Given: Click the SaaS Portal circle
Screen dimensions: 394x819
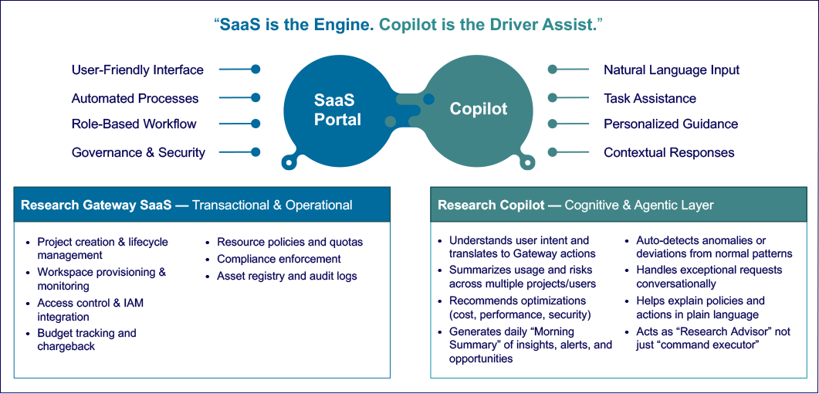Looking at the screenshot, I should [337, 109].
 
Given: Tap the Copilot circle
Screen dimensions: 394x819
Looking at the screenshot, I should [479, 109].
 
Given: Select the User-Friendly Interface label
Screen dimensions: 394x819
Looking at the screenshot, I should [137, 70].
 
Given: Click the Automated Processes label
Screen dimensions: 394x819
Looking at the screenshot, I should [135, 98].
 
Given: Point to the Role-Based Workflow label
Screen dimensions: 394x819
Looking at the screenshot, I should [134, 124].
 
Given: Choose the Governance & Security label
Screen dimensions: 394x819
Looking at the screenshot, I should [138, 152].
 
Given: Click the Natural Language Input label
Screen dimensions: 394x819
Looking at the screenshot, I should [672, 70].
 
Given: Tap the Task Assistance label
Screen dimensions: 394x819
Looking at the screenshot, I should [650, 98].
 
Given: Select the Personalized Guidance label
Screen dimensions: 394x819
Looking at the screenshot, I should [671, 124].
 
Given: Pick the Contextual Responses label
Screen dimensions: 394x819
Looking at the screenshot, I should [669, 152].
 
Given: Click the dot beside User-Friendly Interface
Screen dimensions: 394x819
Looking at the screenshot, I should [256, 69].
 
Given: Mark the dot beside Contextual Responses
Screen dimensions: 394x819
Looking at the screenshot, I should [553, 152].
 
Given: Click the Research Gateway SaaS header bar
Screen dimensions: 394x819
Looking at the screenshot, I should [202, 205].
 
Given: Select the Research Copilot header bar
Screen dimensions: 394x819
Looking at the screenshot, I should [619, 205].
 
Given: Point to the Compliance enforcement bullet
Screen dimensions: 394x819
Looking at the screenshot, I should [279, 259].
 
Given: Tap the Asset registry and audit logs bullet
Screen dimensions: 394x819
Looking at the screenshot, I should [286, 276].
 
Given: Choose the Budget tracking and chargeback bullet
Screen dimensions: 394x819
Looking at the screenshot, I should [86, 340].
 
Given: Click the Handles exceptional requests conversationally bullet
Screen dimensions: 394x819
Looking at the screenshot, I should [709, 277].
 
